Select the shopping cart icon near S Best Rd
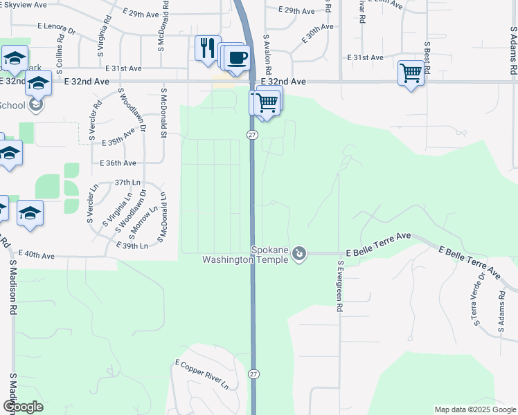[411, 73]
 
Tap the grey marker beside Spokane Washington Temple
[299, 254]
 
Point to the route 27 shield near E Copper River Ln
[255, 373]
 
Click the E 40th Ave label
[37, 255]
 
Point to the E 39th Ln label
[132, 246]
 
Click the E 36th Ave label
[118, 163]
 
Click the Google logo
[23, 407]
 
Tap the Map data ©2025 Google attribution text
[474, 409]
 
